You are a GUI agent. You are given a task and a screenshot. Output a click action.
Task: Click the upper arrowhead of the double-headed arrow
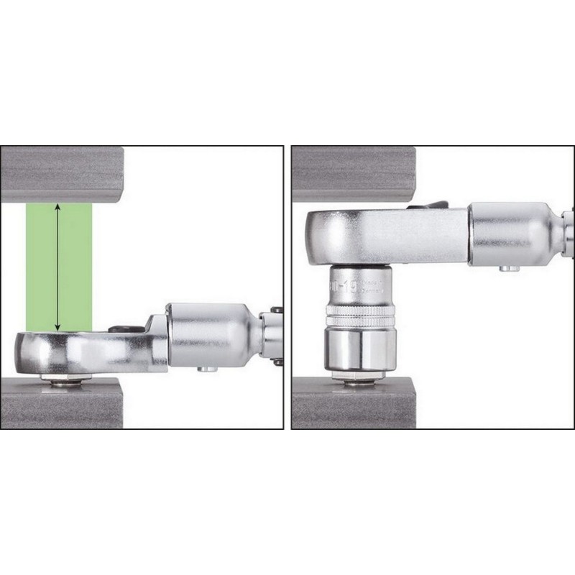tap(57, 207)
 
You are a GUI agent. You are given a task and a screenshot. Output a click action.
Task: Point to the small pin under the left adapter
tap(206, 369)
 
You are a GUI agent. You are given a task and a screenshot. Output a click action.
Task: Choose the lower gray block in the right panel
tap(352, 406)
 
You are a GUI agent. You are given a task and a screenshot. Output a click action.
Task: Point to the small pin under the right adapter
tap(509, 269)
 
